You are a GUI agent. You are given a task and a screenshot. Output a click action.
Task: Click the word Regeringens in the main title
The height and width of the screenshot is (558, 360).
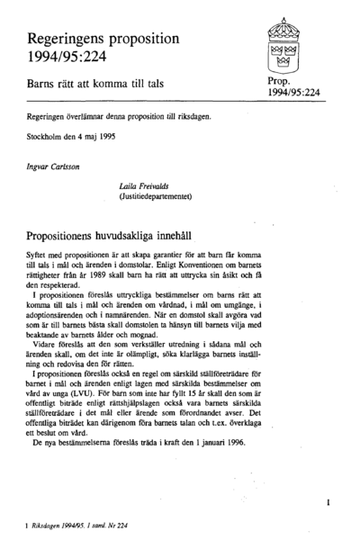pyautogui.click(x=78, y=40)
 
